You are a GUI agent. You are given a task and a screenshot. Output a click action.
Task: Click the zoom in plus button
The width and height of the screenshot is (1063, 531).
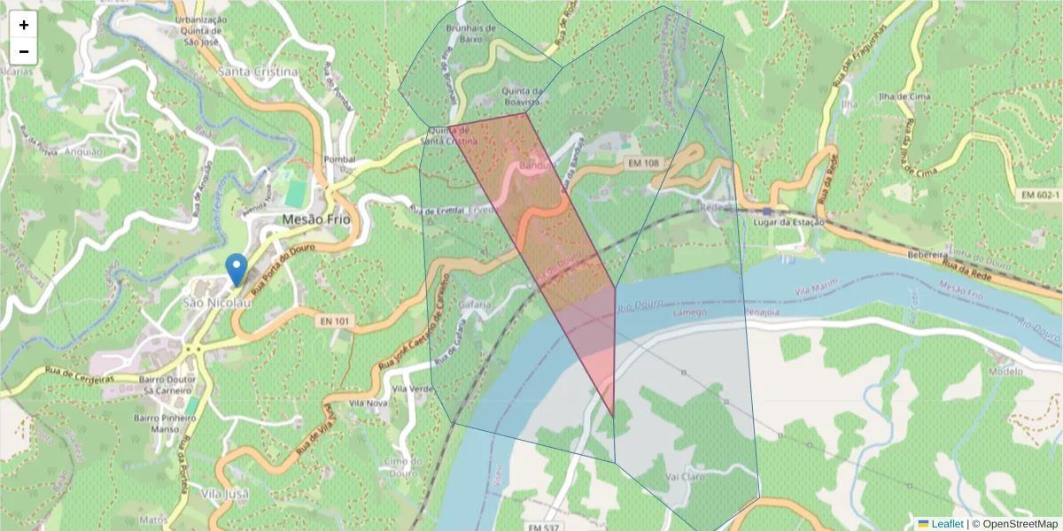(x=24, y=25)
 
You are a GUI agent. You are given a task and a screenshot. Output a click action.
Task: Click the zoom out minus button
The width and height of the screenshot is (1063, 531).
(x=24, y=51)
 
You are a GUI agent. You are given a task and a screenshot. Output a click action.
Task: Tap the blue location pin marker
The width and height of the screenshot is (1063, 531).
(x=236, y=269)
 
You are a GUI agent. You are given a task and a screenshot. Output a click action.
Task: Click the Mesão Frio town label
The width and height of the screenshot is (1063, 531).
(x=315, y=219)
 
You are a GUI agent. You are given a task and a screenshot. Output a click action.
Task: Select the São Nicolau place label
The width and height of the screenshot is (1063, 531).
(x=217, y=303)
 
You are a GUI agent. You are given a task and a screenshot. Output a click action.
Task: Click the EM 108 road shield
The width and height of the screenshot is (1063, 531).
(x=644, y=164)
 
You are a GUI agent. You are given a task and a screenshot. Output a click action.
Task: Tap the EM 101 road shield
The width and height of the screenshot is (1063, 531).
(x=334, y=321)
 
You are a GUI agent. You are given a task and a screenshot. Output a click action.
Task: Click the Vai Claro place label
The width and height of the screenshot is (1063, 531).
(x=684, y=475)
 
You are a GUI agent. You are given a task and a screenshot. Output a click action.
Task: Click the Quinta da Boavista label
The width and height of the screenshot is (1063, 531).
(x=522, y=96)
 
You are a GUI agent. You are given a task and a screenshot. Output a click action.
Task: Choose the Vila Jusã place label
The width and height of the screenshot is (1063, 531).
(x=224, y=493)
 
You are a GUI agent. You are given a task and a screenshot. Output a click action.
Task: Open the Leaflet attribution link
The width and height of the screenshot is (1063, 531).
(x=946, y=524)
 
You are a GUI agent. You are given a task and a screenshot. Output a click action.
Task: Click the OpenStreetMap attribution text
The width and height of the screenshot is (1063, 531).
(x=1014, y=524)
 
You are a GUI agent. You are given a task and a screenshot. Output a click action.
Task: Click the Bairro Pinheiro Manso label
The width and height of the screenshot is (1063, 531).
(x=153, y=423)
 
